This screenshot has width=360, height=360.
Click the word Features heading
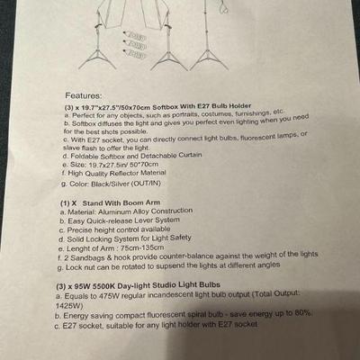point(84,95)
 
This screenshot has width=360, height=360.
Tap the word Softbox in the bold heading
point(166,107)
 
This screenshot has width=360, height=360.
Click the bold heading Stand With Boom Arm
point(121,202)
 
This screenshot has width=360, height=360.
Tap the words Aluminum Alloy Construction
point(146,211)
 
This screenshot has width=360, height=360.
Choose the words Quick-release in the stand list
point(110,221)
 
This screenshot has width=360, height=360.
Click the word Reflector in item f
point(124,174)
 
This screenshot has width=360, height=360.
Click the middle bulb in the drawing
point(134,45)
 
